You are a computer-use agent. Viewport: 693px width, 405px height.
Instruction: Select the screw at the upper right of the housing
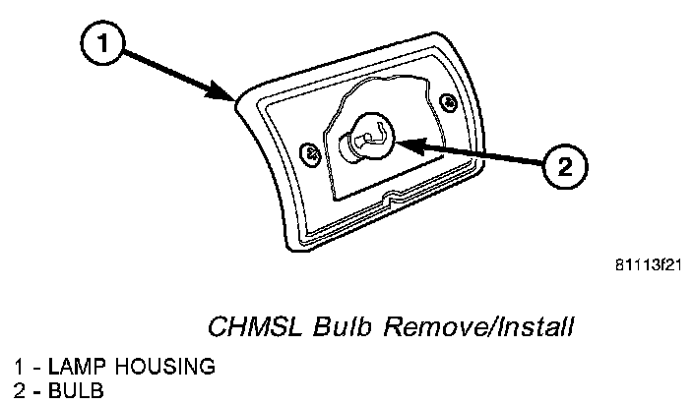[x=449, y=99]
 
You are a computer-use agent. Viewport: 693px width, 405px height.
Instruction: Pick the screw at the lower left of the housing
[x=311, y=153]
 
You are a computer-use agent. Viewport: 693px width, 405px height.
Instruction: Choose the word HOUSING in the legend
[x=159, y=367]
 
